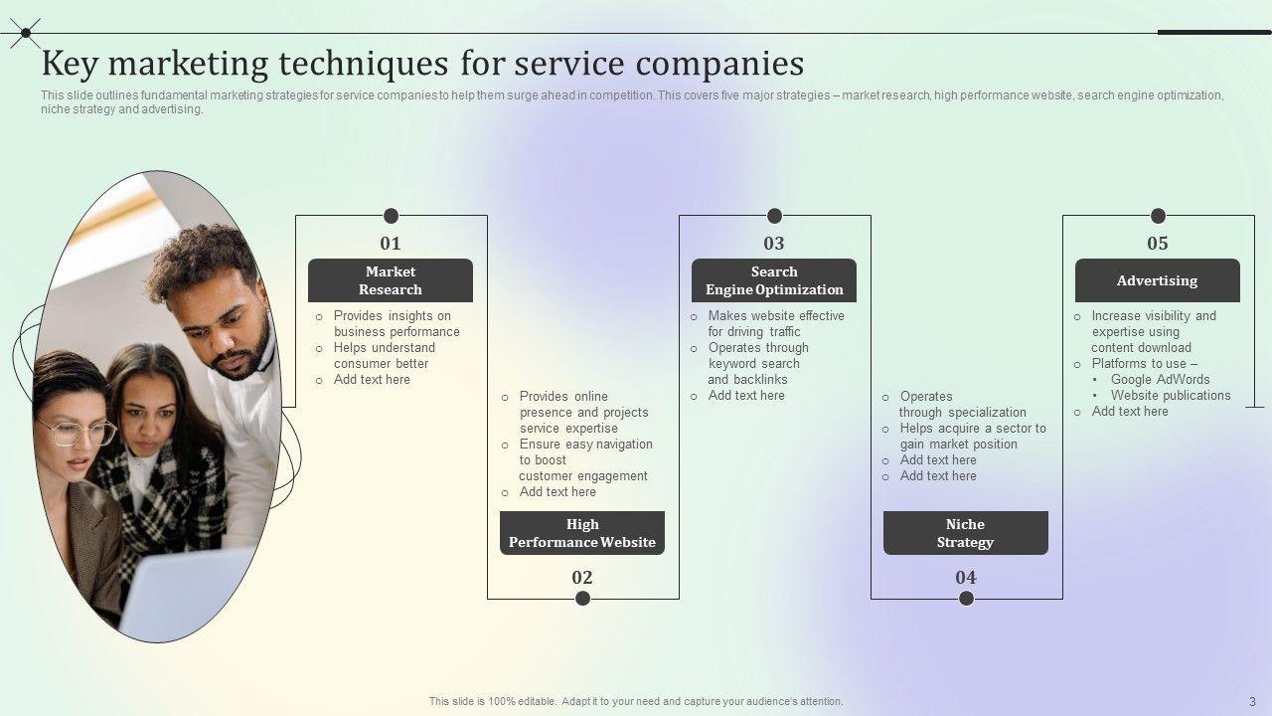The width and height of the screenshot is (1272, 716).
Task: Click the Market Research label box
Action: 391,280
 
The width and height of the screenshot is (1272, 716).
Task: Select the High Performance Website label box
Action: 582,533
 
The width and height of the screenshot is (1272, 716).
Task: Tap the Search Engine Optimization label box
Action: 774,280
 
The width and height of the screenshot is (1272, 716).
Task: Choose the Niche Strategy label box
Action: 965,533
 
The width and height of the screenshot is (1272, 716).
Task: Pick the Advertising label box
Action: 1157,280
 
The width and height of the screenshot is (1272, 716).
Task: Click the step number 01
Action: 391,244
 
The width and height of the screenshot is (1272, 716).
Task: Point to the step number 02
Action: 582,578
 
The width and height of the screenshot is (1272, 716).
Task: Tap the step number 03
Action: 774,244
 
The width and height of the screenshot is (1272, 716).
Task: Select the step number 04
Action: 966,578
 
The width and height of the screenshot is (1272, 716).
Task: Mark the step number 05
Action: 1158,244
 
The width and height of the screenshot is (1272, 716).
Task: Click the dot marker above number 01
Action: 392,216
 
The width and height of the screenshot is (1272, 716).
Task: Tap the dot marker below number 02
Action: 583,598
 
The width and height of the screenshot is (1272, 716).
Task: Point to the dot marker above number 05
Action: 1158,216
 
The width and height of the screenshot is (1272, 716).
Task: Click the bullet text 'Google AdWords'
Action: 1160,379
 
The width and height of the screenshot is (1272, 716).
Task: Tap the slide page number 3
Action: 1253,701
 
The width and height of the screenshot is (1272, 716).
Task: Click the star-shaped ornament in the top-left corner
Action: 25,33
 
